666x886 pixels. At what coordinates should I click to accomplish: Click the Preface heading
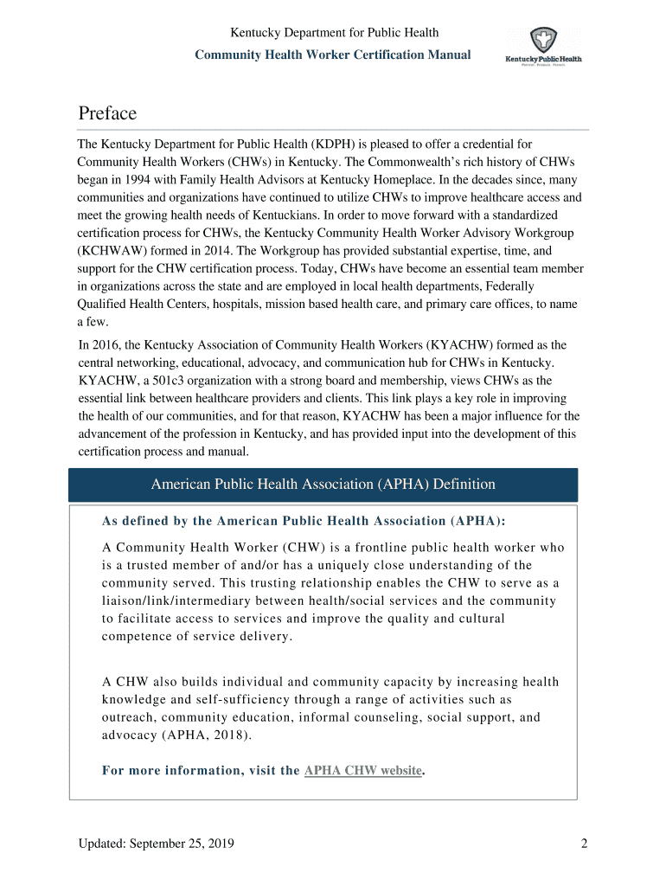click(x=107, y=113)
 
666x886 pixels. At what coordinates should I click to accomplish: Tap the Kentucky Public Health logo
click(x=543, y=48)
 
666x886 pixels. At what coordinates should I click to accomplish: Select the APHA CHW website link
click(x=363, y=770)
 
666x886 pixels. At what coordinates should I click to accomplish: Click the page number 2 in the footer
click(x=585, y=844)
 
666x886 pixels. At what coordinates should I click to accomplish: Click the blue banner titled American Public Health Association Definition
click(x=323, y=485)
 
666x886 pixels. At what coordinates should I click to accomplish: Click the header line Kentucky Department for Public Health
click(x=334, y=33)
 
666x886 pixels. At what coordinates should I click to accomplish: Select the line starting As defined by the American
click(x=304, y=521)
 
